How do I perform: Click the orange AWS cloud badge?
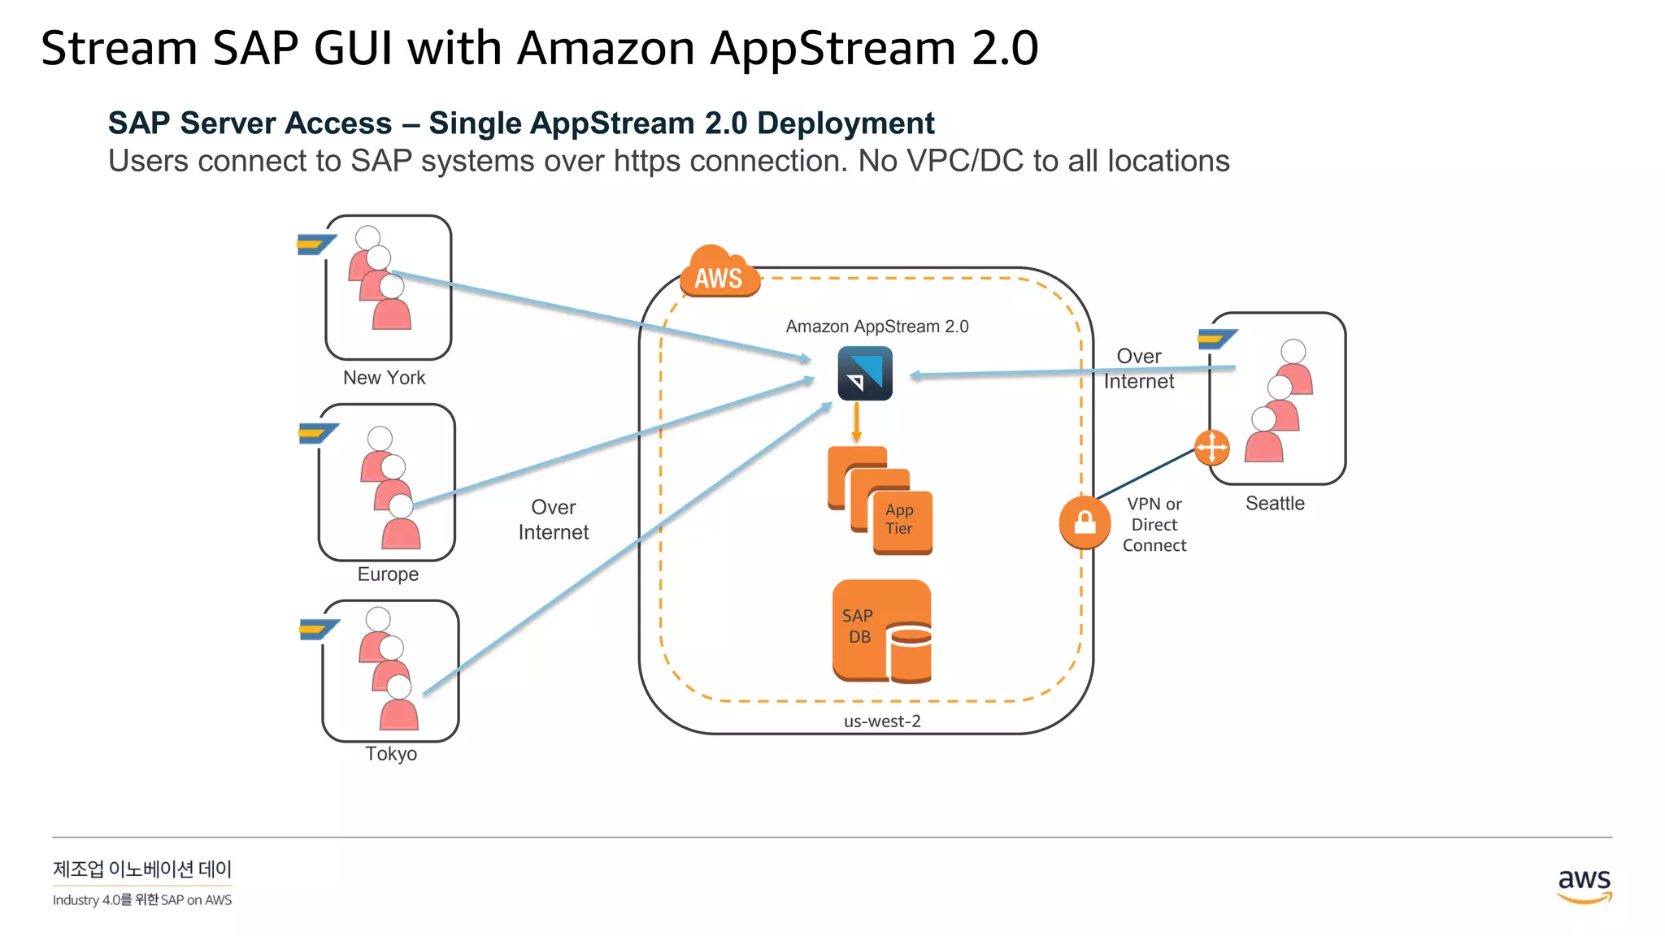coord(719,273)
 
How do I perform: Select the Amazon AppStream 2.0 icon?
coord(865,374)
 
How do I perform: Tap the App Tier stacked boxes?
coord(881,500)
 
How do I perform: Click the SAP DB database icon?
coord(882,630)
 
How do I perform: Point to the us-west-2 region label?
coord(882,721)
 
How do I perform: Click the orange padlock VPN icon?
coord(1085,522)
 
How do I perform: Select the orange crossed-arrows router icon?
coord(1211,448)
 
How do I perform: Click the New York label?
coord(384,378)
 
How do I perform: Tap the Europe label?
coord(388,574)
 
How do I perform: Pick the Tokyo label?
coord(391,754)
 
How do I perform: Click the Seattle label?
coord(1275,504)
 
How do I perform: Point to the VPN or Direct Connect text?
coord(1154,525)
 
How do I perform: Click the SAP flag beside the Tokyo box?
coord(318,629)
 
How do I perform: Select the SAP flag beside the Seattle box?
coord(1216,338)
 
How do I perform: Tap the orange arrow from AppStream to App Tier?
coord(856,422)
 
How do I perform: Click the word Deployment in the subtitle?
coord(846,123)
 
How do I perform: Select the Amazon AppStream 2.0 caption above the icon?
coord(877,327)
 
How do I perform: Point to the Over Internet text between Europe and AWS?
coord(553,520)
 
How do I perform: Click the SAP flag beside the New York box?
coord(315,243)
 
